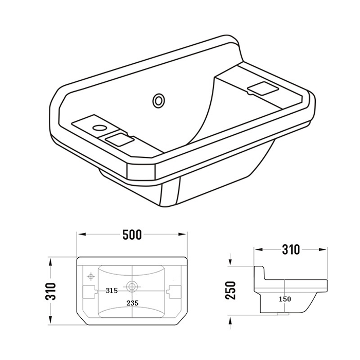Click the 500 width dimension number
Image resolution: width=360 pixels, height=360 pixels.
132,235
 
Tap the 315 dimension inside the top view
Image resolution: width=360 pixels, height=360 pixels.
112,291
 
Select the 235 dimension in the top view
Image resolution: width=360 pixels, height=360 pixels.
133,303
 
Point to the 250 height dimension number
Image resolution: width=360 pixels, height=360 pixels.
231,291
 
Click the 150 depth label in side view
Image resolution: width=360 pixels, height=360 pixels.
285,299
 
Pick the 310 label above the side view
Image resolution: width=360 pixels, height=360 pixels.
291,249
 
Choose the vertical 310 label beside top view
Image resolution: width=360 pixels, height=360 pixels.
50,292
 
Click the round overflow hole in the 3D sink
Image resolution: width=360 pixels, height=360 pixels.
158,101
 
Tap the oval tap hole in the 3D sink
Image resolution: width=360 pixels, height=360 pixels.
99,128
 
